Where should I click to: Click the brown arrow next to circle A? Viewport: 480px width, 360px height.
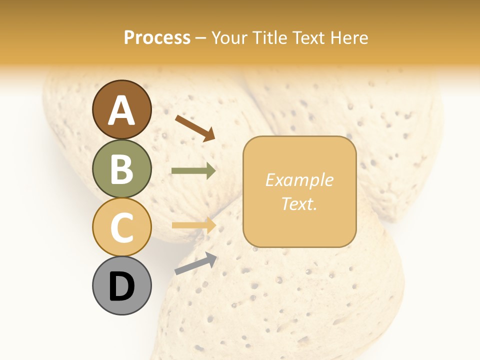pos(195,127)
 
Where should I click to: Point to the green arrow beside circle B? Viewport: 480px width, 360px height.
pos(193,171)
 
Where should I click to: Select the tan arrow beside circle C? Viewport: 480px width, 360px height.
pos(193,225)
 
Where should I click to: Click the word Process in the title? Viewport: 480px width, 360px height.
pos(157,37)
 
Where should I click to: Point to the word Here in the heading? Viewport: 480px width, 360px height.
pos(350,37)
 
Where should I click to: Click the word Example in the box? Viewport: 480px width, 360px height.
pos(299,180)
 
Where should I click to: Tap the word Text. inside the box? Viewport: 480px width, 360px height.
pos(299,203)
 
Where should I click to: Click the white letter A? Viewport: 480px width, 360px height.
pos(121,110)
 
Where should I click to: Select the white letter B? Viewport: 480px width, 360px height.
pos(121,168)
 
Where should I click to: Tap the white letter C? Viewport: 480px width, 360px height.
pos(121,227)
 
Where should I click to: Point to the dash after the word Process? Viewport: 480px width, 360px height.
pos(200,38)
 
